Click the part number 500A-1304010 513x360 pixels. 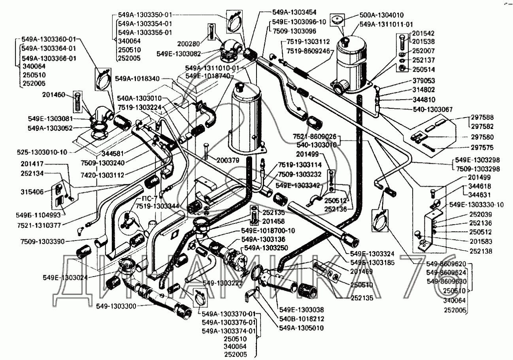381,15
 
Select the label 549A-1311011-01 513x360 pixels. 386,25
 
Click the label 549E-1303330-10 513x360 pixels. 476,205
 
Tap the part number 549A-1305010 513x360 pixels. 301,328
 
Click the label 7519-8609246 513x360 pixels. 308,51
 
